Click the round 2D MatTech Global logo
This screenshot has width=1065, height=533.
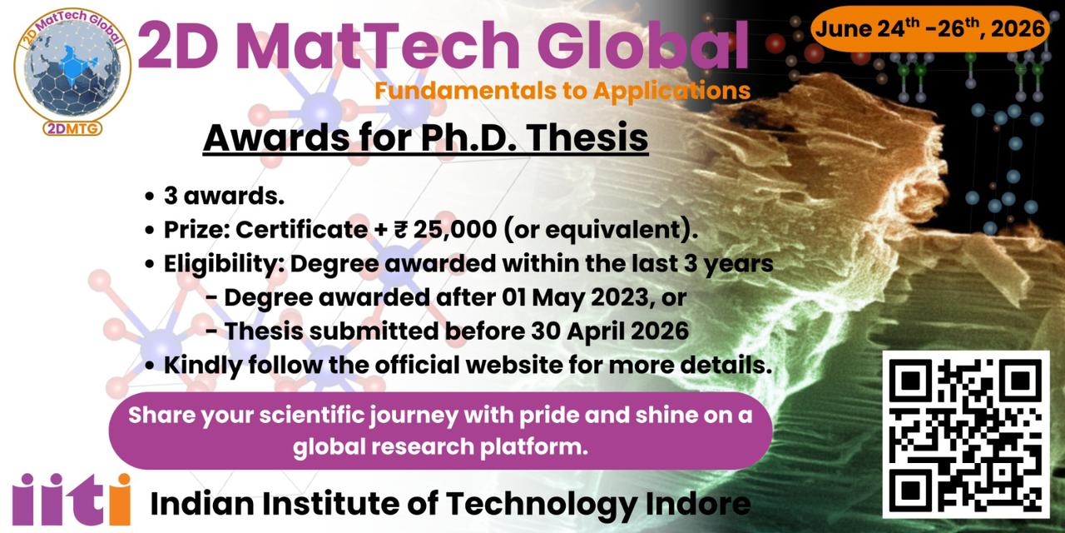tap(72, 70)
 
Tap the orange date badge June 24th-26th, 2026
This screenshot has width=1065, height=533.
tap(929, 29)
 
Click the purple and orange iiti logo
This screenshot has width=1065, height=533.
tap(72, 499)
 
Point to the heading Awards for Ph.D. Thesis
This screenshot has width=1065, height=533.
tap(425, 138)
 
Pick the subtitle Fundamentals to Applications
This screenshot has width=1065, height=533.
tap(562, 90)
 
